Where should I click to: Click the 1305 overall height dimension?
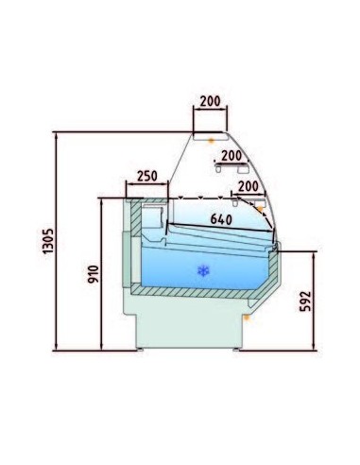48,241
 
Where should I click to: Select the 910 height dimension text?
94,274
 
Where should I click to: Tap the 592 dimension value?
305,301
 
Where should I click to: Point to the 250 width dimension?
147,176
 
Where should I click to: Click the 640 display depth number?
221,219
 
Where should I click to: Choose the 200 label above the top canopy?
211,101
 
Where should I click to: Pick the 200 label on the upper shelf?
231,155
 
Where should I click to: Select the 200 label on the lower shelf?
249,186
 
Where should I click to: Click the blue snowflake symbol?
203,270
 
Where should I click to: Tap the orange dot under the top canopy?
212,141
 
